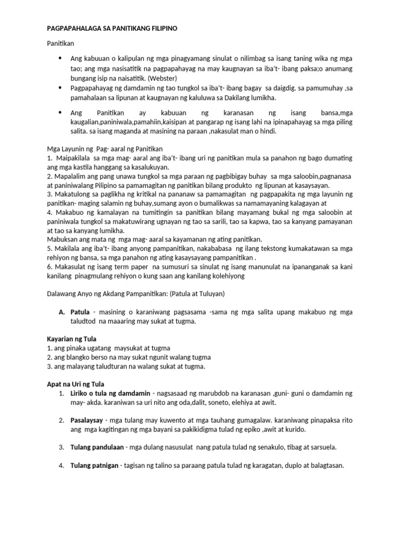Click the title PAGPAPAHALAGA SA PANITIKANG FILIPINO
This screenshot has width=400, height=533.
pyautogui.click(x=113, y=29)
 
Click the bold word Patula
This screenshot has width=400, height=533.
pyautogui.click(x=81, y=312)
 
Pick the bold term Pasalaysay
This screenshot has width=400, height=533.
pyautogui.click(x=87, y=420)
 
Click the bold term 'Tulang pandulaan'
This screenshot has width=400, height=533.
pyautogui.click(x=97, y=447)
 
